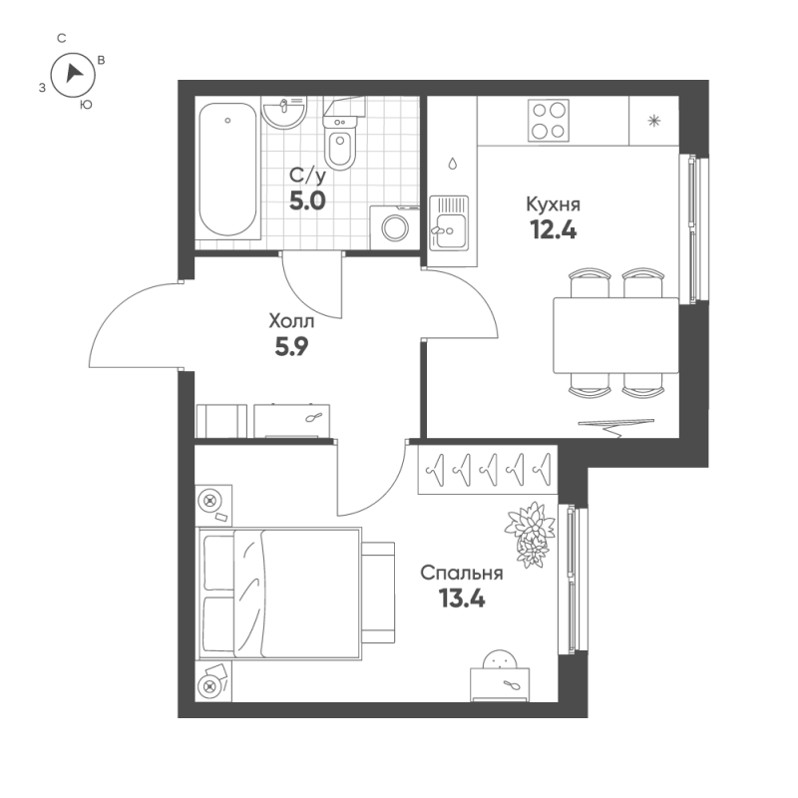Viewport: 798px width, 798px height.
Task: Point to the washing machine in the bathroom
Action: (394, 228)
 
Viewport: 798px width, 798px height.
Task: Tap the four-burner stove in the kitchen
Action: (545, 121)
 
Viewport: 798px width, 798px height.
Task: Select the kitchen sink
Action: (449, 223)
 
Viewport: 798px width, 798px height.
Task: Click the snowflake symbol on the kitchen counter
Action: (654, 122)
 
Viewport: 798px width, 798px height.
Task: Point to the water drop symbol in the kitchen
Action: (453, 164)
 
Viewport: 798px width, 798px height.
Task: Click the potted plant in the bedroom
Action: (530, 531)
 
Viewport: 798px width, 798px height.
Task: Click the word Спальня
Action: (461, 574)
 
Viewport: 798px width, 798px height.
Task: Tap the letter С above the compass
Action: (62, 38)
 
